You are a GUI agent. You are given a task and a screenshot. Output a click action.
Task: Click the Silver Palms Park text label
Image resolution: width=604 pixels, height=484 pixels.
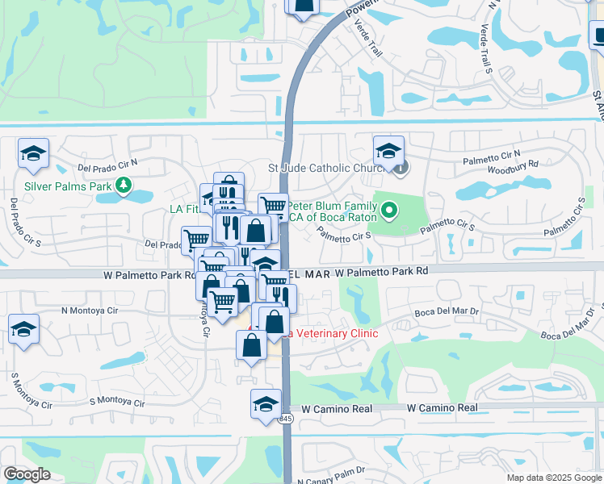[x=66, y=186]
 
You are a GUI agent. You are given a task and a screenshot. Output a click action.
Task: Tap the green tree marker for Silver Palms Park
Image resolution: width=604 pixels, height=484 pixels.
[x=123, y=186]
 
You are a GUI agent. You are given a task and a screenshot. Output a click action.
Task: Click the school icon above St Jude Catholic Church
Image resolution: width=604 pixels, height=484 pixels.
[x=388, y=151]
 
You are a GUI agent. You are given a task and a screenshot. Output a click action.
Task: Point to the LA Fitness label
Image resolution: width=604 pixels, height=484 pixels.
[x=183, y=209]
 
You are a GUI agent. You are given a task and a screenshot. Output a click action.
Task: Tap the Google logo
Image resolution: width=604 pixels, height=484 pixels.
[x=27, y=474]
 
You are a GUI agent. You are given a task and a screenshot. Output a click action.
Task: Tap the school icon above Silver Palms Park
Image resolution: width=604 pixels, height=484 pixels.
[x=34, y=153]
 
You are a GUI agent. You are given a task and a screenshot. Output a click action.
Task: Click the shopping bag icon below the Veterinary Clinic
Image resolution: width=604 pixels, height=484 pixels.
[x=251, y=344]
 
